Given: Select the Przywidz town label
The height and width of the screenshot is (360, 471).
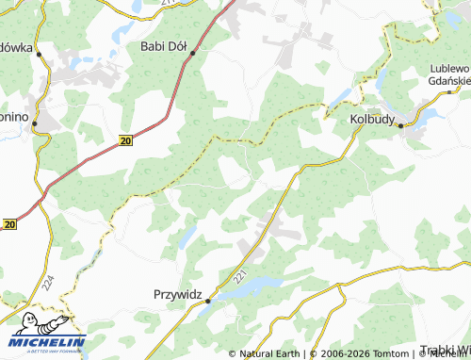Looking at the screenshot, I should [177, 295].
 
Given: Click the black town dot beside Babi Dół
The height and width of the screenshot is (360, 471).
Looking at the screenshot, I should [192, 54].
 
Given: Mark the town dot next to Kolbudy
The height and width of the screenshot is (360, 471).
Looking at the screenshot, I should [400, 125].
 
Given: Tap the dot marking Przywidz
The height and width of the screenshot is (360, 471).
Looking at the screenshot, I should [208, 301].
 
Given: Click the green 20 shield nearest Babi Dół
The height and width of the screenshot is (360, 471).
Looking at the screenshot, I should [125, 140].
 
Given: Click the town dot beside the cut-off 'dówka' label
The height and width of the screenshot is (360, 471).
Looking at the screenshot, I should [40, 55].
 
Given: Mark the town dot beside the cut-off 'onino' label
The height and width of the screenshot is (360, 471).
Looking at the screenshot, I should [34, 123].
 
